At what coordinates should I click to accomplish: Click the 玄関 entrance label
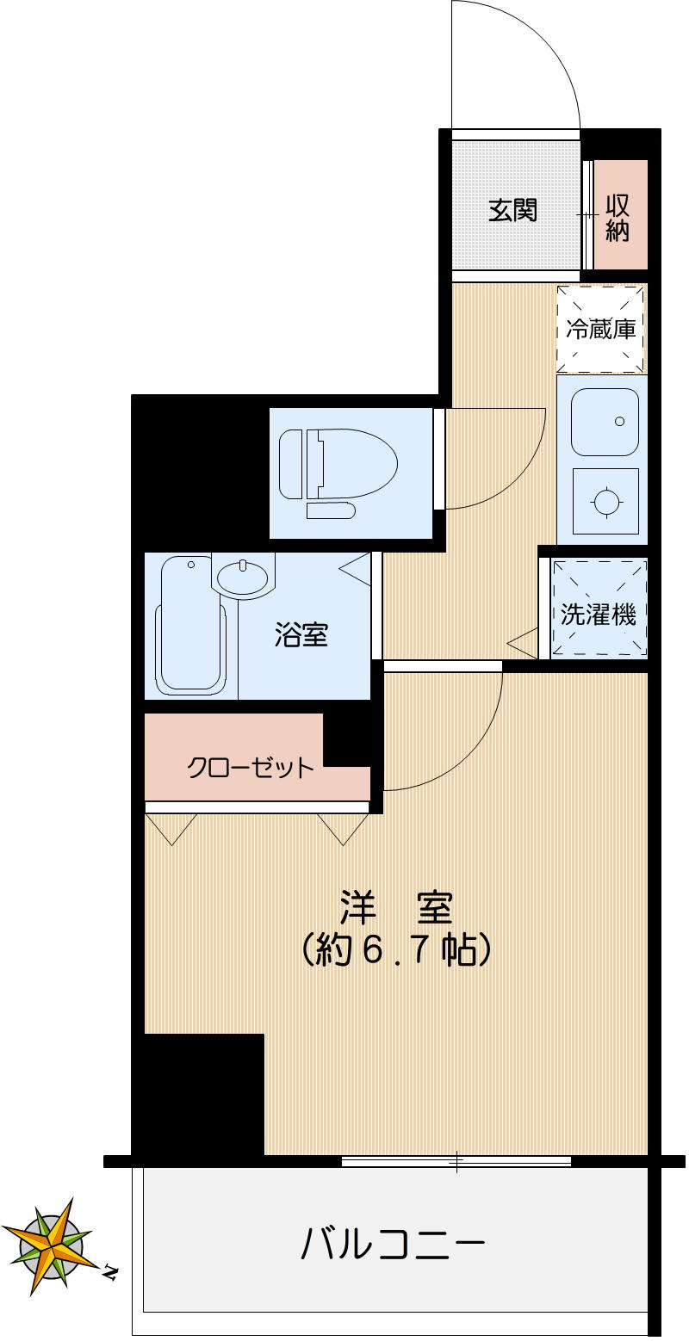click(513, 210)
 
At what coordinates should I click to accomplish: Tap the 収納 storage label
click(617, 218)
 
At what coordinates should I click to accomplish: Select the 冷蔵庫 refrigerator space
click(601, 330)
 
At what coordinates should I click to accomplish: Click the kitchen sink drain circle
click(619, 422)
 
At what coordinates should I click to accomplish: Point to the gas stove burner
click(606, 502)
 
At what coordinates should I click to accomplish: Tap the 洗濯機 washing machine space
click(599, 615)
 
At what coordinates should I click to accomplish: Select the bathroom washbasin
click(243, 576)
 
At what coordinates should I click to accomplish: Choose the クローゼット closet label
click(251, 767)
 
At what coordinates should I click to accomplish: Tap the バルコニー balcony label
click(393, 1245)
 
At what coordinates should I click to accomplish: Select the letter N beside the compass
click(110, 1270)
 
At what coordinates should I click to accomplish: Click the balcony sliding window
click(456, 1161)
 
